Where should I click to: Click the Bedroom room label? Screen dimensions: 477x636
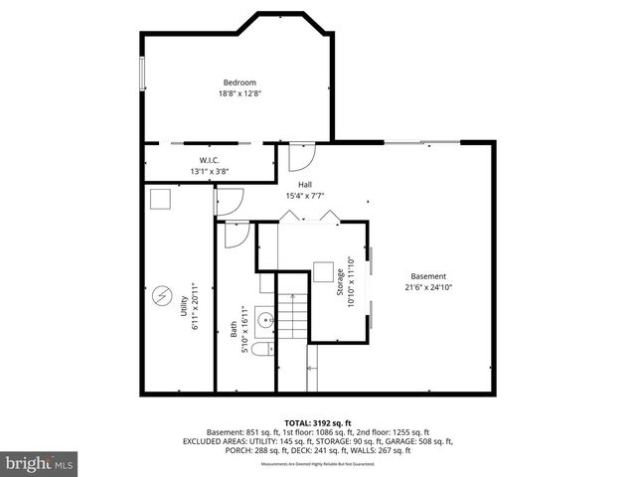(x=239, y=82)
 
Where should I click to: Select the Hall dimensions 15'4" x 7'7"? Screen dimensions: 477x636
(x=306, y=195)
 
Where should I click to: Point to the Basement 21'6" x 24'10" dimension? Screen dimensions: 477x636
(x=429, y=287)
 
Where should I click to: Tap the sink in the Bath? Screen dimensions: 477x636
(x=265, y=320)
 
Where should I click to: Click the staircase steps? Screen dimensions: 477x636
(x=292, y=319)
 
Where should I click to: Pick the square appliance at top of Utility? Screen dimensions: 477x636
(x=160, y=200)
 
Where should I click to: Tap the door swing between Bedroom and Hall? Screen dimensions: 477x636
(x=301, y=154)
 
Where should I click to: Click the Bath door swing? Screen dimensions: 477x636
(x=237, y=235)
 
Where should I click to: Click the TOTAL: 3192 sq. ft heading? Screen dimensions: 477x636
(x=318, y=422)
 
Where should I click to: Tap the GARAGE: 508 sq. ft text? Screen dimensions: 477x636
(x=421, y=441)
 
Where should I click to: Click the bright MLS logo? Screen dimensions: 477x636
(x=39, y=463)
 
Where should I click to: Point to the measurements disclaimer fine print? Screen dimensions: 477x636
(x=318, y=464)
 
